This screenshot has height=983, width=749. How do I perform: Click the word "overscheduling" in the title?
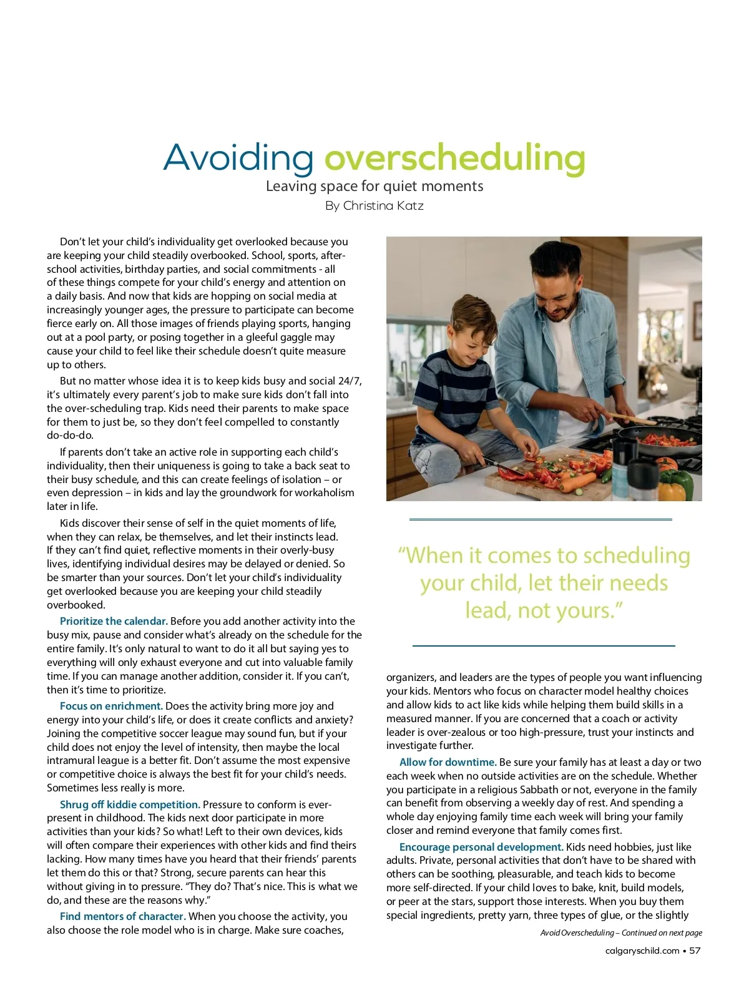point(454,158)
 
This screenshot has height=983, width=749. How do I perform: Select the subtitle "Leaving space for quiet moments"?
point(374,186)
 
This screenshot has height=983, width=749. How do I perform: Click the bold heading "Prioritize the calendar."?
point(114,621)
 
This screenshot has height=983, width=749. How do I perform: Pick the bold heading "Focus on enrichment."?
point(111,706)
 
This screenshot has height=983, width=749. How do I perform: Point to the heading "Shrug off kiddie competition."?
point(130,804)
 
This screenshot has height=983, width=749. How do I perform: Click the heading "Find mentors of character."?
point(123,916)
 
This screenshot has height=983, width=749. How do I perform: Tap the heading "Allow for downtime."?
point(448,762)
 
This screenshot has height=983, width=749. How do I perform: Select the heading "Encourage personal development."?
point(481,847)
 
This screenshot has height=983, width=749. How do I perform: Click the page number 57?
point(695,951)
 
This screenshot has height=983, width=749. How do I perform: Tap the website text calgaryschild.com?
point(642,951)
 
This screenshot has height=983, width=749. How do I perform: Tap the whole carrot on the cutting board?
point(577,482)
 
